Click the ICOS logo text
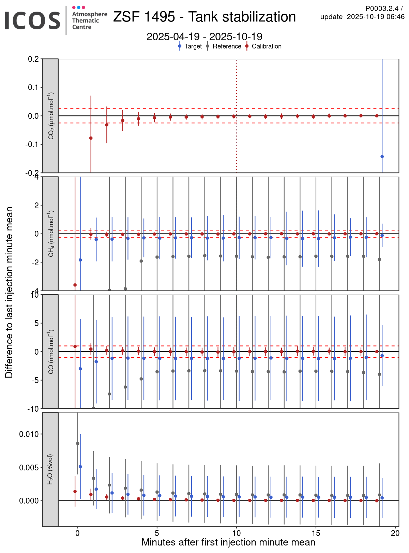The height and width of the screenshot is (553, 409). point(32,20)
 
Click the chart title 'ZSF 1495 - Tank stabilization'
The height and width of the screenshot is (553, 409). point(204,17)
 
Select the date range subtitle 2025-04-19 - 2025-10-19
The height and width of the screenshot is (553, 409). point(204,37)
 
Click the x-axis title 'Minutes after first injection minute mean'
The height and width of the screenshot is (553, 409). point(228,542)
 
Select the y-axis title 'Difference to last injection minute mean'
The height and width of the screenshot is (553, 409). point(9,292)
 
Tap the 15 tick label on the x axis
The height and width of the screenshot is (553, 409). point(316,533)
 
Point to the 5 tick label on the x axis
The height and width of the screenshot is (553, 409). point(157,533)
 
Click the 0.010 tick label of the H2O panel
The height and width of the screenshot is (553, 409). point(30,434)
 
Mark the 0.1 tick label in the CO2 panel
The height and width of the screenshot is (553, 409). point(33,87)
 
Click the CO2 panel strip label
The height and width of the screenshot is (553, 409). point(50,116)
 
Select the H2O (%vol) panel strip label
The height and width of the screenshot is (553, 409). point(50,469)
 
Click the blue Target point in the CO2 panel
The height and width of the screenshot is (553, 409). point(382,157)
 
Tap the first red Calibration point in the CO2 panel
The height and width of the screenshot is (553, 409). point(91,138)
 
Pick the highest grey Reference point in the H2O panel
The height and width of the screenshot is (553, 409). point(78,443)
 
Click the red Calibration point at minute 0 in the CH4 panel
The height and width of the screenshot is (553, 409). point(75,285)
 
